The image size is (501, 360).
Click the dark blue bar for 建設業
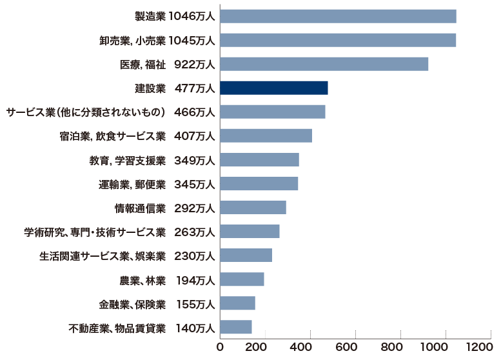pos(274,88)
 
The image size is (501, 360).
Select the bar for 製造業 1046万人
pos(338,16)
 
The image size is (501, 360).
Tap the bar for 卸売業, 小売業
pos(338,40)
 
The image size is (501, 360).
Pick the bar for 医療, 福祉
pos(324,64)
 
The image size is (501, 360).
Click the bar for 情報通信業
pos(253,208)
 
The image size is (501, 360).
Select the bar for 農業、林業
pos(242,279)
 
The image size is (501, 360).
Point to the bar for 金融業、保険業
pos(237,303)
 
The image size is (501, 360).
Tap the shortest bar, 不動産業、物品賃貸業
pos(236,327)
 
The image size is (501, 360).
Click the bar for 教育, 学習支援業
pos(259,160)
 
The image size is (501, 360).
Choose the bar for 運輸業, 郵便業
pos(259,184)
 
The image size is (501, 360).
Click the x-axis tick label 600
pos(356,347)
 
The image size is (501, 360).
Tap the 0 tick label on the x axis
pos(221,347)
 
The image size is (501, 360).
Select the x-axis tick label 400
pos(311,347)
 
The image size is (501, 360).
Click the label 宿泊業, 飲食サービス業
pos(112,136)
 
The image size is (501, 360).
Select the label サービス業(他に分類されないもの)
pos(86,112)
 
